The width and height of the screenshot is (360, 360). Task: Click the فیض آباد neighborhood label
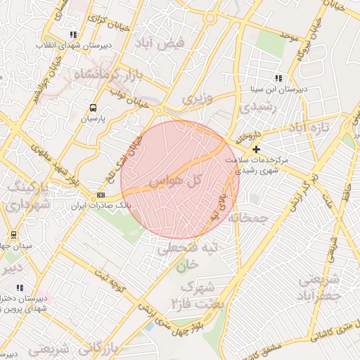[x=161, y=43]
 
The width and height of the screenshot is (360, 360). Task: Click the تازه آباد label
[x=312, y=129]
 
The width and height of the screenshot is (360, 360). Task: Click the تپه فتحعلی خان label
[x=188, y=256]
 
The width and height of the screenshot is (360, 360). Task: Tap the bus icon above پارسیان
[x=93, y=108]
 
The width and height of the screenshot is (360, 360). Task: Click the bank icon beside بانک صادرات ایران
[x=101, y=195]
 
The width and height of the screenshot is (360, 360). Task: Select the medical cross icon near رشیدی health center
[x=256, y=149]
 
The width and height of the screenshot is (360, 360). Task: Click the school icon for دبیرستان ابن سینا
[x=278, y=79]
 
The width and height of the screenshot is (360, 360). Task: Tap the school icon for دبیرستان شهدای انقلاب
[x=72, y=34]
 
